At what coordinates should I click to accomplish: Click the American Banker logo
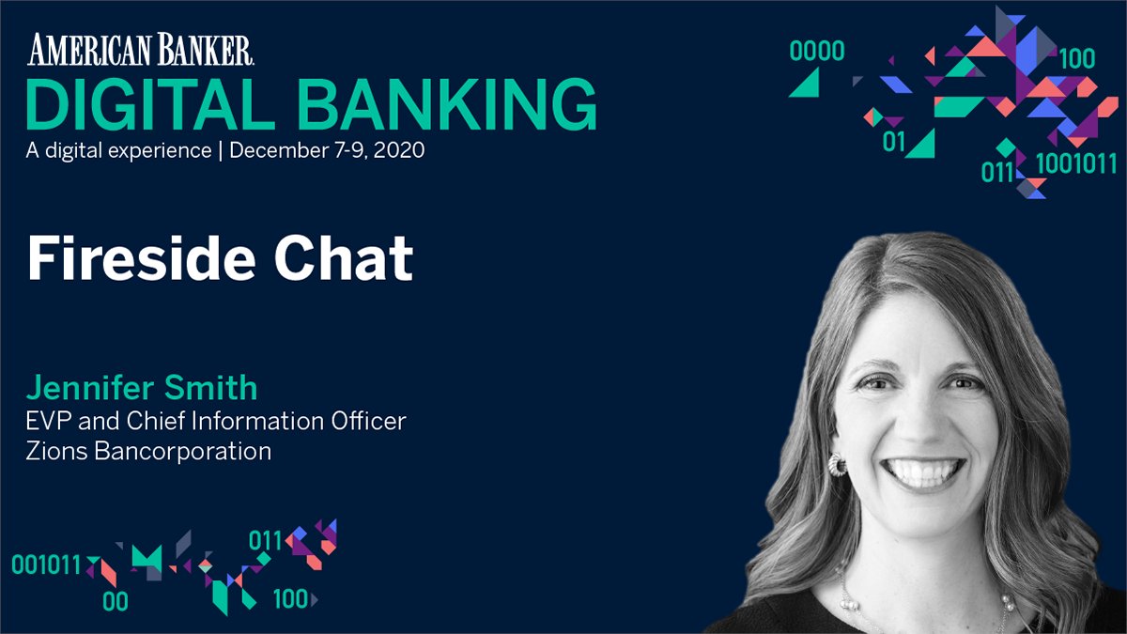[141, 50]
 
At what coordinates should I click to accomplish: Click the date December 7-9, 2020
[328, 150]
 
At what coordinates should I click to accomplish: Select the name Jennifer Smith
[142, 387]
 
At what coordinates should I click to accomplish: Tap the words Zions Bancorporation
[149, 451]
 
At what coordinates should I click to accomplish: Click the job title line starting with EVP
[217, 420]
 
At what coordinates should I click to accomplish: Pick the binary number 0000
[817, 51]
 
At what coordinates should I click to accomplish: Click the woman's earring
[836, 464]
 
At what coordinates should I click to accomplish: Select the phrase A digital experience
[119, 150]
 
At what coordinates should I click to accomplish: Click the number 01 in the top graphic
[894, 144]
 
